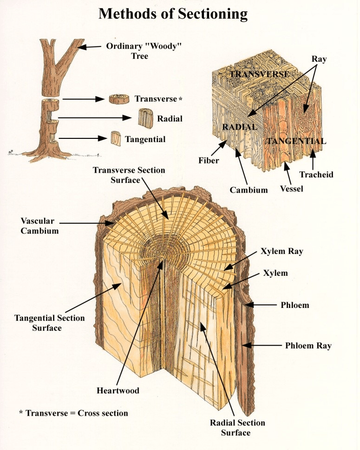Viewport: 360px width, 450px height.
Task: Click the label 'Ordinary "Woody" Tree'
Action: (133, 51)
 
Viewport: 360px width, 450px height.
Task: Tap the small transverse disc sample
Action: (118, 99)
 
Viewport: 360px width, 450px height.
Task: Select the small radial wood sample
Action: (146, 118)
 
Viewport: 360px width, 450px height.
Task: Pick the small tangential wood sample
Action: (116, 138)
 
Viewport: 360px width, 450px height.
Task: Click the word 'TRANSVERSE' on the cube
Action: (260, 74)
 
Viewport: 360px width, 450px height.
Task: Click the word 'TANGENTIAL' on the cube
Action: (295, 141)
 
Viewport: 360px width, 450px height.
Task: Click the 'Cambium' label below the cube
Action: (249, 189)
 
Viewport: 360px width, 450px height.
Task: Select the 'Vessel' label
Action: (292, 189)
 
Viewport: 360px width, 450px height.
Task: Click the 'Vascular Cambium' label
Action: (39, 225)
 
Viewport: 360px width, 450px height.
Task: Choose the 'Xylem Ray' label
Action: (282, 251)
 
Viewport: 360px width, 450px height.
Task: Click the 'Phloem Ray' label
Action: (308, 346)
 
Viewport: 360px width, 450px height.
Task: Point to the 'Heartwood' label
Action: (118, 391)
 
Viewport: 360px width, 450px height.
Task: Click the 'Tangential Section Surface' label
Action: (49, 323)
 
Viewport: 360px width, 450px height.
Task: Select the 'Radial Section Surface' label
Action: (237, 427)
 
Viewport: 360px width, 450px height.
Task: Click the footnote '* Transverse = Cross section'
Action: (73, 413)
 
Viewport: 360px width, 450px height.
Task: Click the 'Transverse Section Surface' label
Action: (129, 175)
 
